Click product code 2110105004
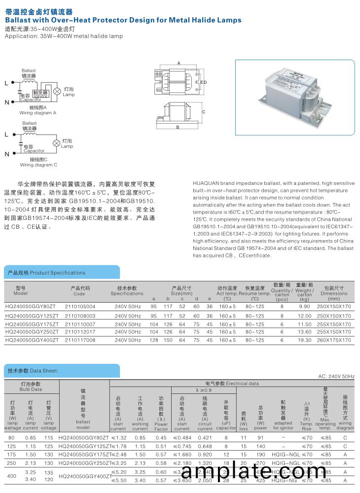pyautogui.click(x=80, y=307)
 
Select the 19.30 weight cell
pyautogui.click(x=304, y=340)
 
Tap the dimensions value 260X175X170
pyautogui.click(x=334, y=340)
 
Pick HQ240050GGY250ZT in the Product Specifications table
pyautogui.click(x=32, y=332)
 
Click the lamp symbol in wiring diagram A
pyautogui.click(x=57, y=92)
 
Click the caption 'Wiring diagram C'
pyautogui.click(x=38, y=165)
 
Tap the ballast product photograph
pyautogui.click(x=295, y=98)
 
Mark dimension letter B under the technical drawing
pyautogui.click(x=177, y=128)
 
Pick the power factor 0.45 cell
pyautogui.click(x=161, y=437)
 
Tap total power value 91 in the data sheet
pyautogui.click(x=261, y=437)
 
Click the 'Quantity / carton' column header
pyautogui.click(x=282, y=292)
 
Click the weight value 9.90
pyautogui.click(x=304, y=307)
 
